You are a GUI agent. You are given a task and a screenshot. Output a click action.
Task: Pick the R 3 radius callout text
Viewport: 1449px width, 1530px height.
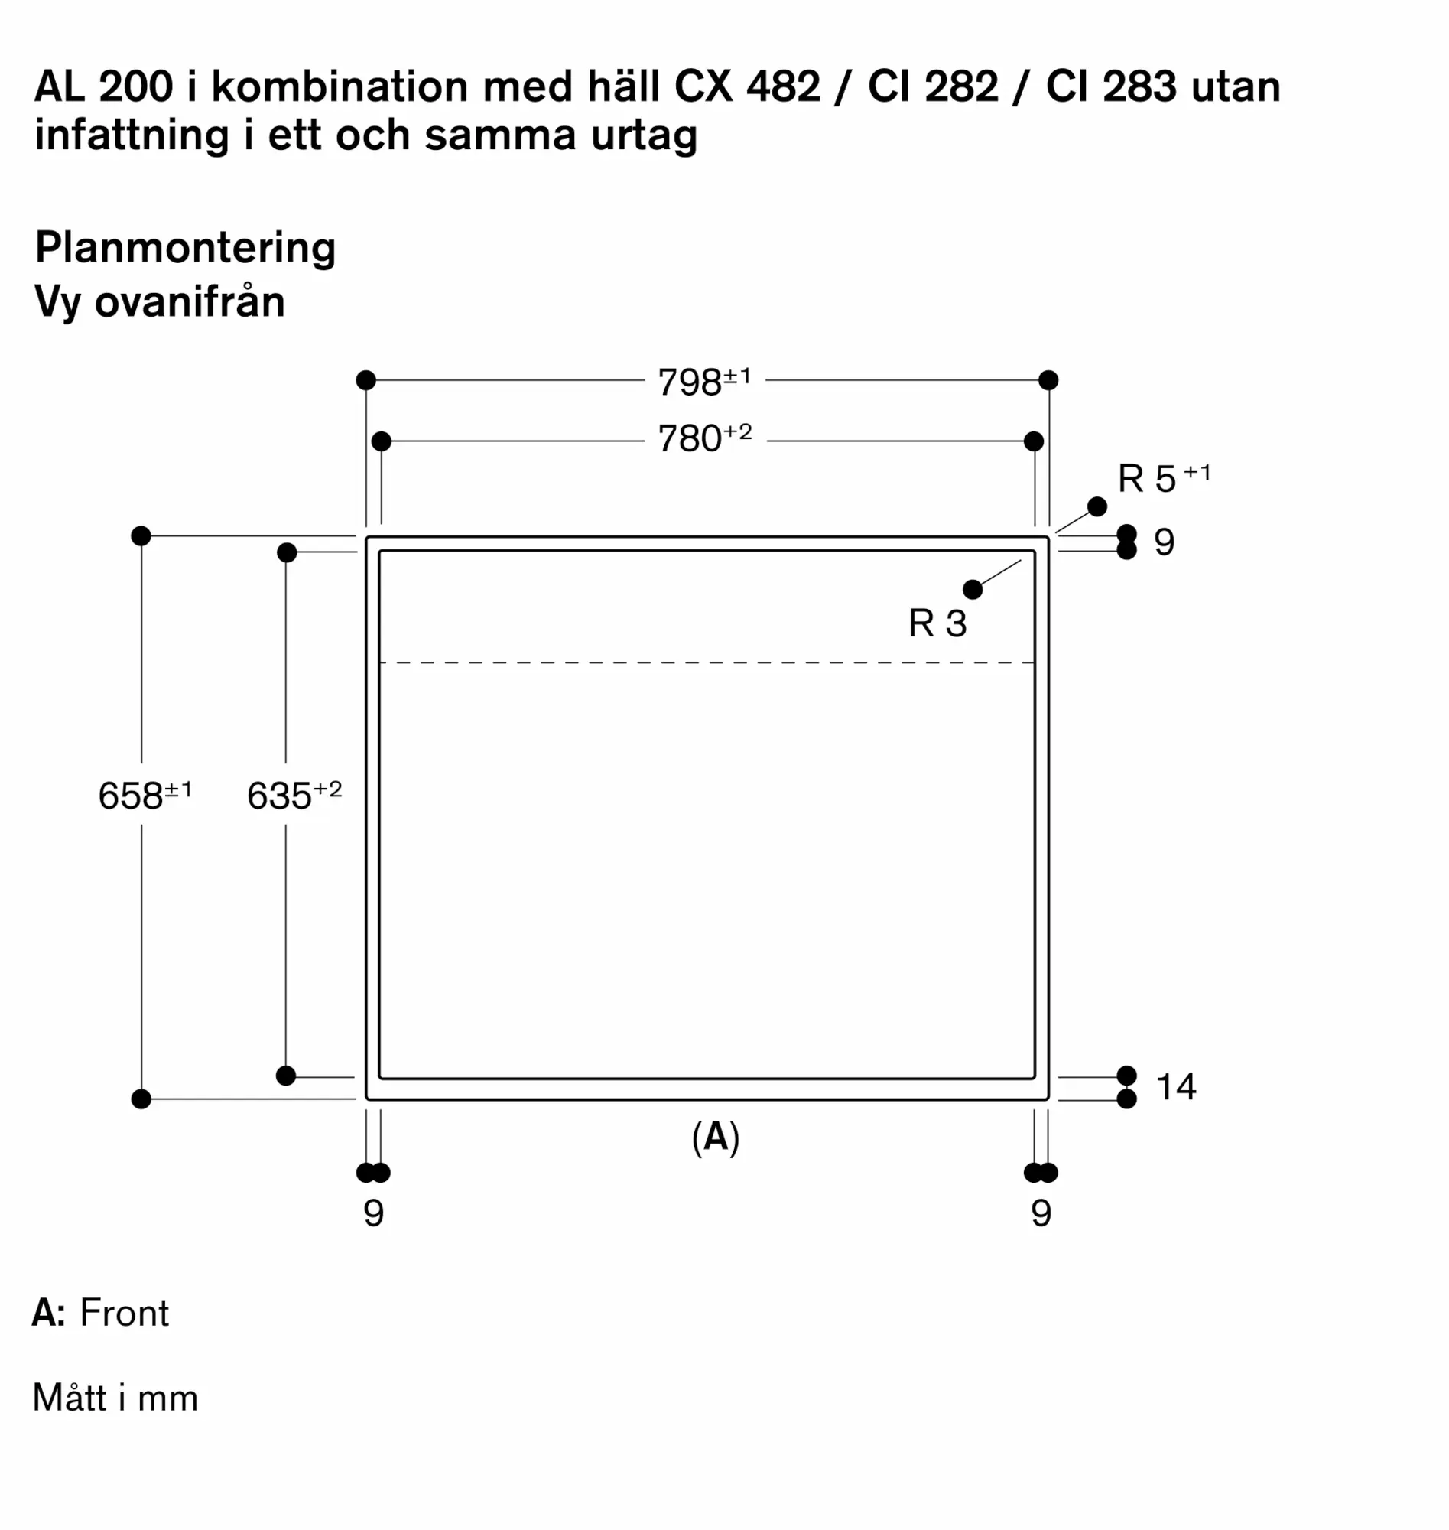937,623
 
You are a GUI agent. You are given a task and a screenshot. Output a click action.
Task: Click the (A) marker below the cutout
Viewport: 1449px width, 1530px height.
715,1138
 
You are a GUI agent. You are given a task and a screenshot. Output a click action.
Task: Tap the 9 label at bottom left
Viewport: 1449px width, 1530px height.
373,1213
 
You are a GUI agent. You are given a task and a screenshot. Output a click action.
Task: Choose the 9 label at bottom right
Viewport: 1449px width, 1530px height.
1041,1213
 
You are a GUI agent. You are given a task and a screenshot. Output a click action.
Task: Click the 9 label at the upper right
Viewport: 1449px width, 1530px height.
1164,542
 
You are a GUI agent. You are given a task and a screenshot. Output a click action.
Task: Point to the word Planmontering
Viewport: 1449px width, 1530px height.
185,249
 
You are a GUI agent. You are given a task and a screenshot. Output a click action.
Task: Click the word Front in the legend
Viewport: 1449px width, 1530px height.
124,1313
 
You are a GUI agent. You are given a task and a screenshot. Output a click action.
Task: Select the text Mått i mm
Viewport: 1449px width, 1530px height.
115,1398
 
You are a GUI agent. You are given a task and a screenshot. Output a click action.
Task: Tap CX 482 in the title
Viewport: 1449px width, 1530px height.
746,86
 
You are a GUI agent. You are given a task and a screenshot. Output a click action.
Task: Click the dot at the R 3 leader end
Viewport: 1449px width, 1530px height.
973,590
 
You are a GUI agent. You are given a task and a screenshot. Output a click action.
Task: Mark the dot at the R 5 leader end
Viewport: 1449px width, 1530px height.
1096,506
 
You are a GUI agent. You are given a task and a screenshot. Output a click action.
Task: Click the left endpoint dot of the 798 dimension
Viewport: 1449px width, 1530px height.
366,380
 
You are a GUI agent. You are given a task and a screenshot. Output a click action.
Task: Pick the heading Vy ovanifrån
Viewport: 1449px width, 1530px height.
160,302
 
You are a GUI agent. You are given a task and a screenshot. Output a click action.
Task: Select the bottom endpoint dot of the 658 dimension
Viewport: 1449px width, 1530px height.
141,1099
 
